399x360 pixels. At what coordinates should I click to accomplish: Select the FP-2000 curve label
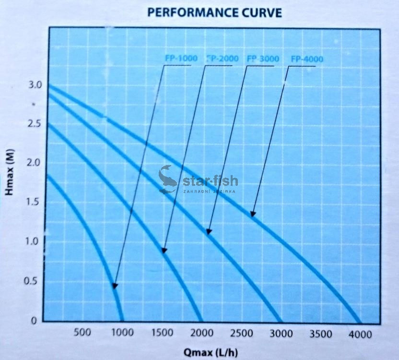click(222, 59)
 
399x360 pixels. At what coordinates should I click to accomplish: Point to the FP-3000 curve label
click(263, 59)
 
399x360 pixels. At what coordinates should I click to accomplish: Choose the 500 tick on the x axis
click(82, 333)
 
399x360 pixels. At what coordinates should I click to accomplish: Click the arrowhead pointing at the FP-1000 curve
click(115, 286)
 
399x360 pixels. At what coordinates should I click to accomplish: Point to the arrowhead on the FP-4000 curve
click(253, 214)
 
